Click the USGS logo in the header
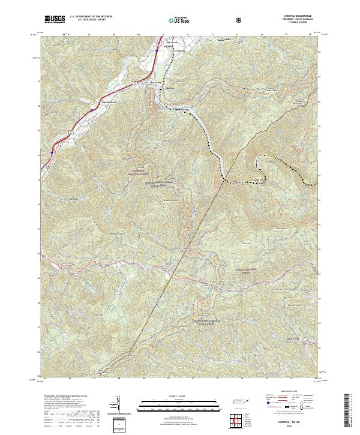[x=55, y=20]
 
